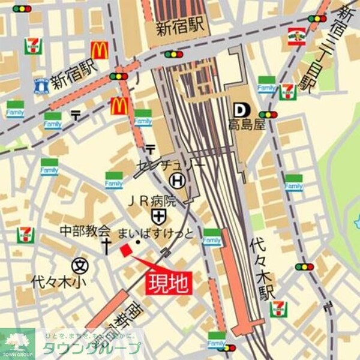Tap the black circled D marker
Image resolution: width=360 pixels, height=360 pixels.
click(x=240, y=110)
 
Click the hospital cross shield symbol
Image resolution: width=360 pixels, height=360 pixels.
click(x=158, y=216)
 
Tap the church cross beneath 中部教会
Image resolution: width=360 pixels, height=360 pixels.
click(x=107, y=245)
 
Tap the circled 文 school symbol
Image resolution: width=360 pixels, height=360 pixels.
click(x=79, y=264)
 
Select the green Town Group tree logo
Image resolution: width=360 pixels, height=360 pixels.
click(x=17, y=342)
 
